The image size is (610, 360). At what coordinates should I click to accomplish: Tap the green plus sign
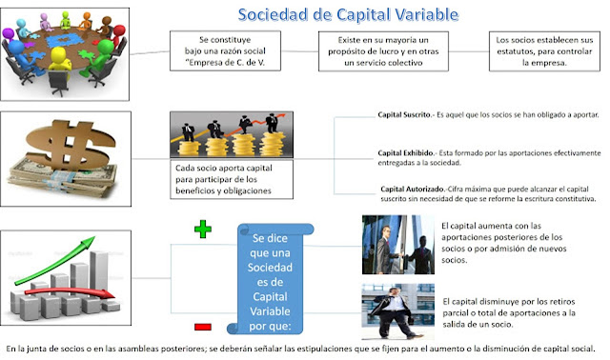pos(200,230)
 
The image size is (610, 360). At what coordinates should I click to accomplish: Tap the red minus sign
pos(202,326)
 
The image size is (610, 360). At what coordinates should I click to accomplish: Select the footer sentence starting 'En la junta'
pos(305,349)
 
